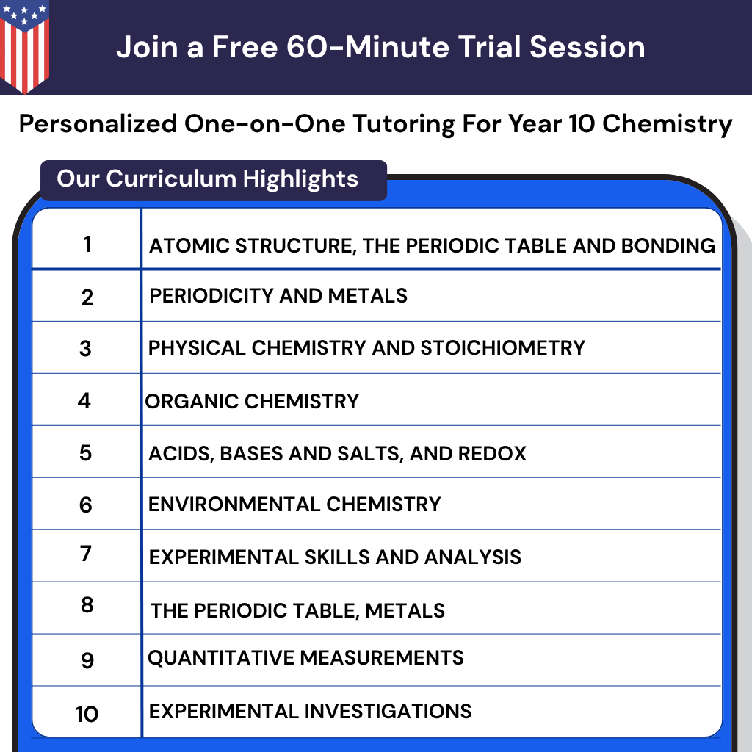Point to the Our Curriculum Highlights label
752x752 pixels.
pos(207,178)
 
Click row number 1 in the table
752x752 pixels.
pos(87,243)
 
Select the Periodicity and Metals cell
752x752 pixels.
pos(278,296)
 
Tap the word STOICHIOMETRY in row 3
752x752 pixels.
pos(502,347)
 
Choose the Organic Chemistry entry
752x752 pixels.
pos(252,401)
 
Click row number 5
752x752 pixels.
pos(86,452)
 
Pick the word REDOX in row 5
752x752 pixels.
pos(492,453)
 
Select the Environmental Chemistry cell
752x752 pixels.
pos(294,505)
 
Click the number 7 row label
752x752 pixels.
pos(86,553)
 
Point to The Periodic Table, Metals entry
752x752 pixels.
pos(297,610)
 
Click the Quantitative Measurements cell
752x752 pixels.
pos(305,657)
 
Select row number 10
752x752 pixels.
pos(87,713)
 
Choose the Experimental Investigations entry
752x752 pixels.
pos(310,711)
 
